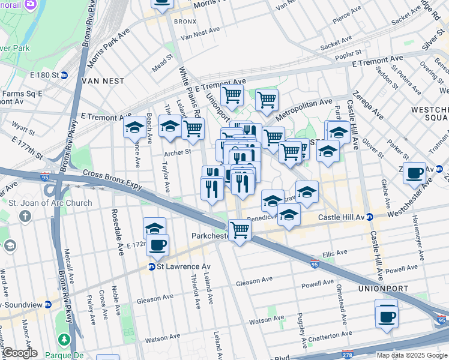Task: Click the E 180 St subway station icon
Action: click(64, 75)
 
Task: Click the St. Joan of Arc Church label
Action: click(50, 203)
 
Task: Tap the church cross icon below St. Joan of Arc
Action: click(25, 216)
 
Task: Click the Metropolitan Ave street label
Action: click(304, 108)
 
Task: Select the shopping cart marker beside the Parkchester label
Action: click(240, 229)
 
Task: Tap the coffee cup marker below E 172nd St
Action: click(158, 245)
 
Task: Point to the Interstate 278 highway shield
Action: click(346, 355)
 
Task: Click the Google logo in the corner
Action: click(19, 353)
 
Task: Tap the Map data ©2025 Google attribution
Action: click(412, 355)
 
